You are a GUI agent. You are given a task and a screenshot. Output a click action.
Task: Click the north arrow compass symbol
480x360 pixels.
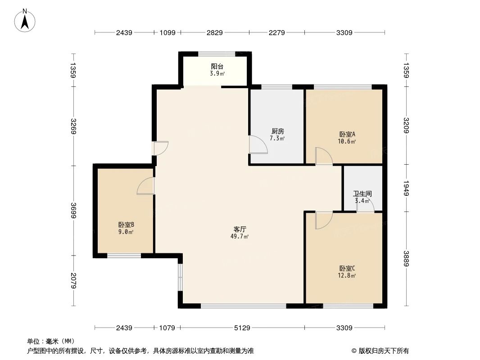[x=26, y=20]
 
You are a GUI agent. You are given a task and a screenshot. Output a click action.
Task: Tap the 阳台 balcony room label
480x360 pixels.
[x=217, y=67]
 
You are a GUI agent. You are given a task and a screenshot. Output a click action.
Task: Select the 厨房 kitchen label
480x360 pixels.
[x=277, y=131]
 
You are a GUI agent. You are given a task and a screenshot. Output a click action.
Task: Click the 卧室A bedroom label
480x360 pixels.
[x=347, y=134]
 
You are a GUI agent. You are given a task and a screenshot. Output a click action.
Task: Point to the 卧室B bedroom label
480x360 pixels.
[x=126, y=225]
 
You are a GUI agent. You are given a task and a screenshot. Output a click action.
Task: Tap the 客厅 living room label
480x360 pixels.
[x=239, y=229]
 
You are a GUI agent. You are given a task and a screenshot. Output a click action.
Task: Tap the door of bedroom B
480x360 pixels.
[x=145, y=186]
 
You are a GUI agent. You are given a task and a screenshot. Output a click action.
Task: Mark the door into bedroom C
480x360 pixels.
[x=323, y=220]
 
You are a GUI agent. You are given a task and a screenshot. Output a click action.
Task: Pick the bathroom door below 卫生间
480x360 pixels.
[x=366, y=205]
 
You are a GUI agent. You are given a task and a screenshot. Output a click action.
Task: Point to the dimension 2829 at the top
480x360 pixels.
[x=214, y=32]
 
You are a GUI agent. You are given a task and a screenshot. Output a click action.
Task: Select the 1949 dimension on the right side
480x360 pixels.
[x=406, y=188]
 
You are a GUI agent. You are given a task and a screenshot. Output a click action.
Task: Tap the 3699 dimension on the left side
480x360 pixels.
[x=73, y=210]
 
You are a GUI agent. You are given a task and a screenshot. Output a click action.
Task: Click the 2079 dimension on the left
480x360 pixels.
[x=73, y=281]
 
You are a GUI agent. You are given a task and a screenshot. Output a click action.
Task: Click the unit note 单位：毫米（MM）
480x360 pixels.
[x=51, y=341]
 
